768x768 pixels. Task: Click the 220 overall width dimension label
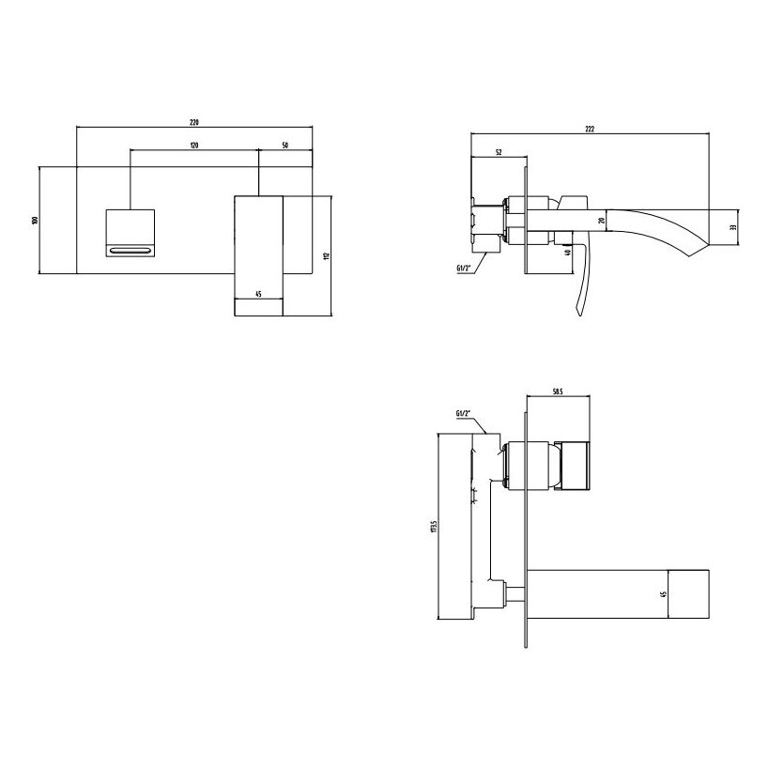(194, 123)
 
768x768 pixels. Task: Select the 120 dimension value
(193, 146)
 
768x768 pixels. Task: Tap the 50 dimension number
(284, 146)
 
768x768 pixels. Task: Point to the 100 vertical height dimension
(35, 221)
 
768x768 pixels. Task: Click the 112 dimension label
(326, 256)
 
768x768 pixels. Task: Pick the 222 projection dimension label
(591, 130)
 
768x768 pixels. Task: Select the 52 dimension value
(497, 151)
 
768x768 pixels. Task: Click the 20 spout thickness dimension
(600, 223)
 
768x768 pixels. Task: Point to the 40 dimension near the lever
(567, 251)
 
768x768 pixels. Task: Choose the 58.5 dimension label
(557, 393)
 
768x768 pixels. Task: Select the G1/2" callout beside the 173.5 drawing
(463, 414)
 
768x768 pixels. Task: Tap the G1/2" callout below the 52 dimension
(463, 268)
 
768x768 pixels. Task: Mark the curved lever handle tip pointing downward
(574, 312)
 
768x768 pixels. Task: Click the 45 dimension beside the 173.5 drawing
(664, 593)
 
